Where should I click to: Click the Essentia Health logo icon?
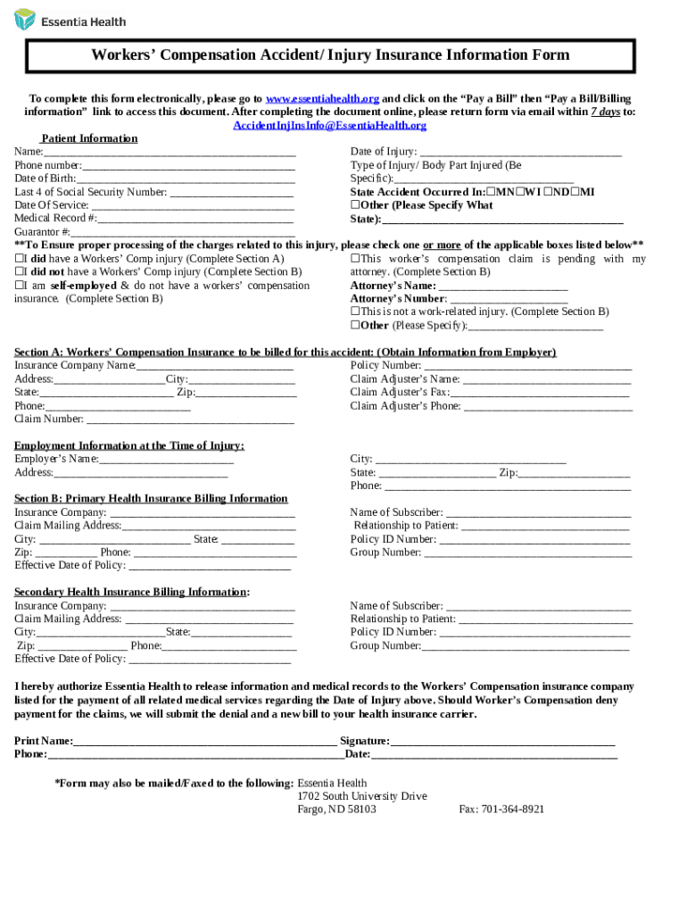point(25,20)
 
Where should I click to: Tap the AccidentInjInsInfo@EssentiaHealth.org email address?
point(329,126)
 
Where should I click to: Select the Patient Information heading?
point(89,138)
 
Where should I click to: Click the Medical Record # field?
point(196,219)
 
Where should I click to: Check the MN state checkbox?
point(491,193)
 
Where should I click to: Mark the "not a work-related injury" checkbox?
point(354,312)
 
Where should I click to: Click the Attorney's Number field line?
point(509,300)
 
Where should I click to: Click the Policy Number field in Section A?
point(527,367)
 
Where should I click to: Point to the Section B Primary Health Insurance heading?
point(151,499)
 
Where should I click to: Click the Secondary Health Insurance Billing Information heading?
point(131,593)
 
